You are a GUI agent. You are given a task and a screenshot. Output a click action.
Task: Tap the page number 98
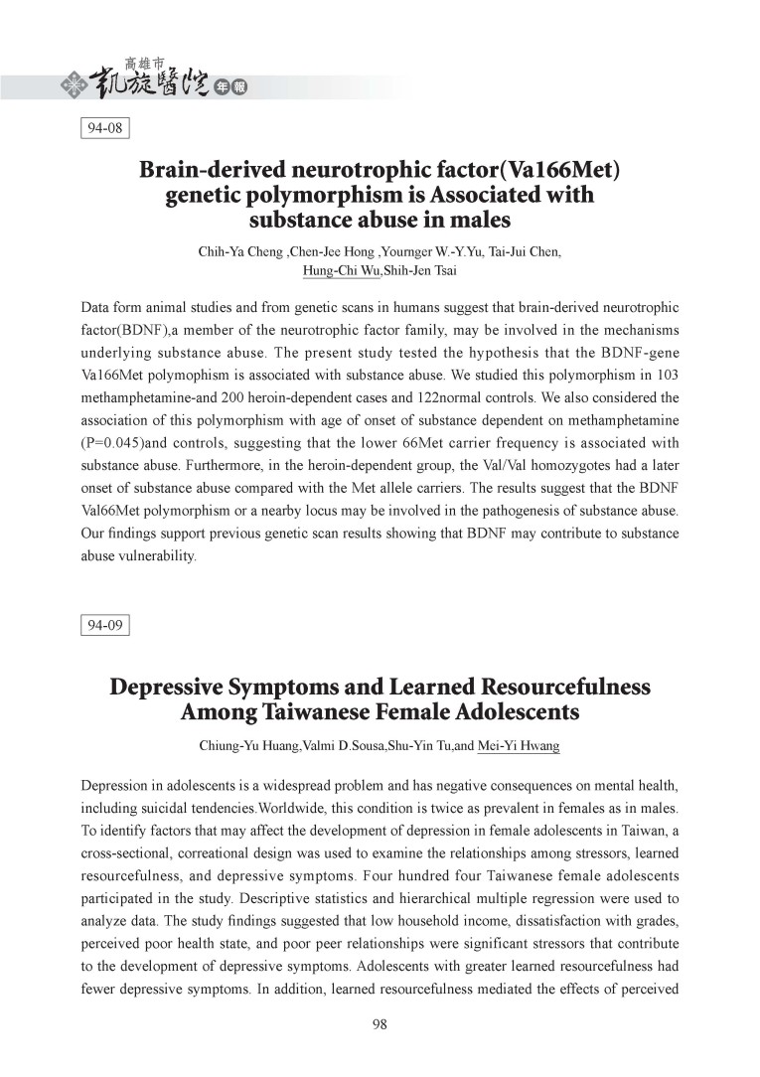point(380,1026)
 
